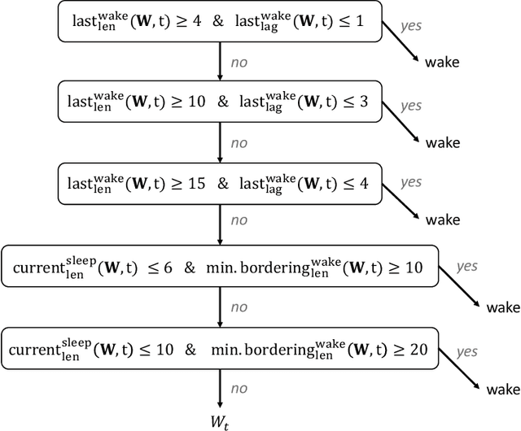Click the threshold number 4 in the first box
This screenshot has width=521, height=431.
pos(196,24)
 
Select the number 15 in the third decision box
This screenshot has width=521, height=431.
pos(195,183)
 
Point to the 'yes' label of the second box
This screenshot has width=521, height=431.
pos(411,105)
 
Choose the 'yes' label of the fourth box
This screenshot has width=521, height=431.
pos(466,266)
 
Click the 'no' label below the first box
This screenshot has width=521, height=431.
pos(239,63)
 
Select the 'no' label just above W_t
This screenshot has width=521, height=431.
pos(239,388)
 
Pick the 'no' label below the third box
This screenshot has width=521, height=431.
pos(239,221)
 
